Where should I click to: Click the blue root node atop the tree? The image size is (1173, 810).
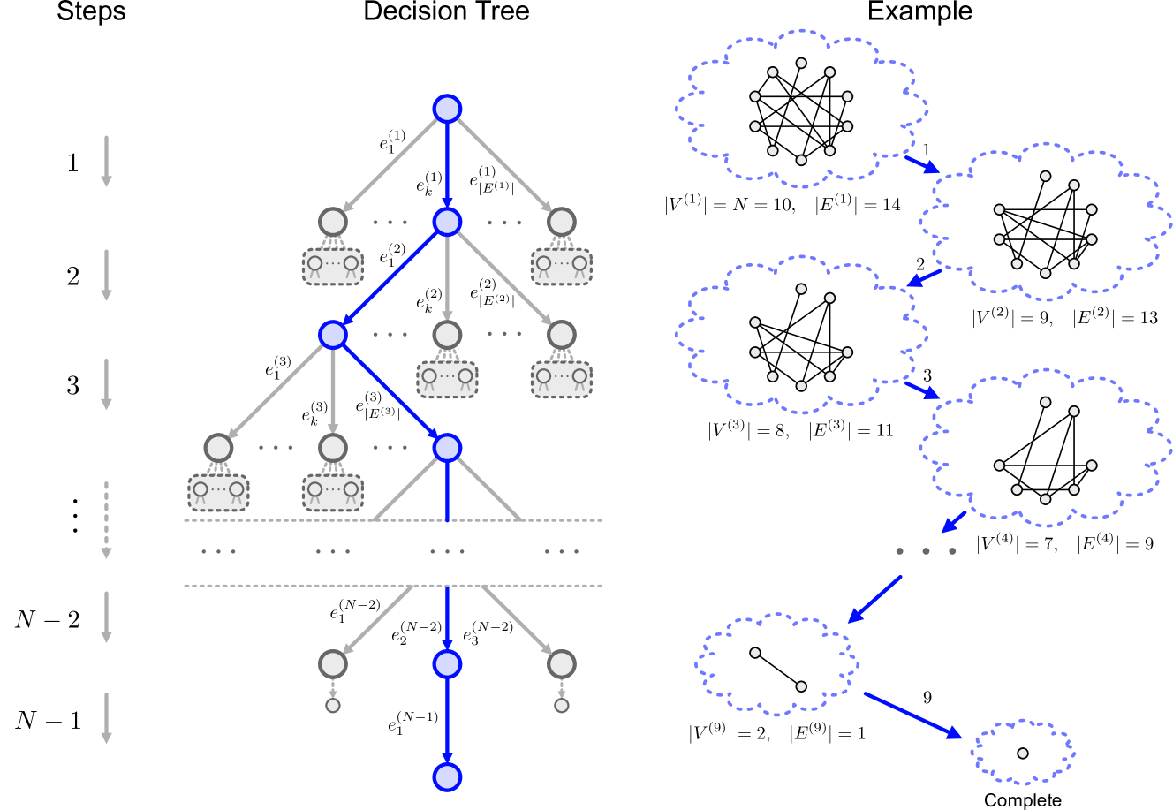click(x=447, y=109)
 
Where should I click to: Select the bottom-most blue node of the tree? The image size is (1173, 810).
click(x=447, y=777)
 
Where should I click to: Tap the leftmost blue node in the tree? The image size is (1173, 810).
click(x=333, y=335)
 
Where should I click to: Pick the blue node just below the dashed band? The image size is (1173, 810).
click(x=447, y=664)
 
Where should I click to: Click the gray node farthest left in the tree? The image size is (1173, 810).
click(x=218, y=448)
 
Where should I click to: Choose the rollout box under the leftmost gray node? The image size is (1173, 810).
click(x=218, y=492)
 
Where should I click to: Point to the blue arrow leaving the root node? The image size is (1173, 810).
click(x=447, y=164)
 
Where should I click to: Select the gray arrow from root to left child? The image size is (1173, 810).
click(x=390, y=164)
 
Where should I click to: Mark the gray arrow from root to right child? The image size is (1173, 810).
click(x=503, y=164)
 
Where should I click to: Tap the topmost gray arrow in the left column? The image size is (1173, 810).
click(x=106, y=161)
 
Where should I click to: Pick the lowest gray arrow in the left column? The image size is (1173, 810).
click(x=106, y=718)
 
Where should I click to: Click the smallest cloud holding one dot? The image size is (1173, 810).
click(x=1023, y=753)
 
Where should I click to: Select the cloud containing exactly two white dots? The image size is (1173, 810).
click(x=777, y=664)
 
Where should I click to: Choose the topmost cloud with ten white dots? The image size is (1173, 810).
click(x=801, y=110)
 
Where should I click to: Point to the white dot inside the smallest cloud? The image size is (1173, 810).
click(x=1023, y=753)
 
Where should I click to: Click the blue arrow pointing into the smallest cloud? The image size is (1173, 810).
click(x=912, y=715)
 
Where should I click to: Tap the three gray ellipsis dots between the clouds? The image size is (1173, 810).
click(x=926, y=551)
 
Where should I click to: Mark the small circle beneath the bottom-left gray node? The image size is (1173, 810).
click(x=333, y=706)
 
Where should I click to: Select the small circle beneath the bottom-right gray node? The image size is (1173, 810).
click(x=562, y=706)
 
